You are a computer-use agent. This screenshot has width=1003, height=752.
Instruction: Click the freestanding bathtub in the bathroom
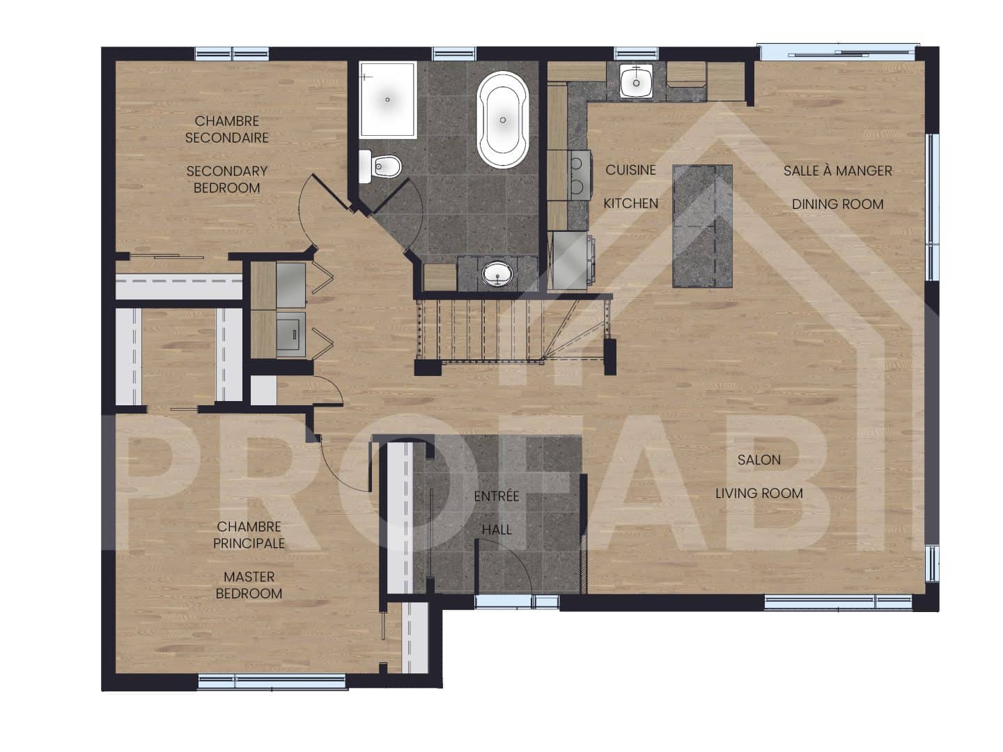(x=503, y=120)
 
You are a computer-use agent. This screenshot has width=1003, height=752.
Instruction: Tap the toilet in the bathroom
(x=380, y=166)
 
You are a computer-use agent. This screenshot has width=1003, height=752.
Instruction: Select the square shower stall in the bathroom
(x=388, y=100)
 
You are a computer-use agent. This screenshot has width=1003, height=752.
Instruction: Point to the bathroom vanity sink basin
(x=497, y=274)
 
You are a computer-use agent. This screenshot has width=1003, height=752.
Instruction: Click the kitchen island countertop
(x=702, y=226)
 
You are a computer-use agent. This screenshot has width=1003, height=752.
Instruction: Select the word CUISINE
(x=630, y=170)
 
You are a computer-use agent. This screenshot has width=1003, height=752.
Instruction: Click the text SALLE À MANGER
(x=837, y=171)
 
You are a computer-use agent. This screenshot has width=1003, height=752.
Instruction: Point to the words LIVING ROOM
(x=759, y=493)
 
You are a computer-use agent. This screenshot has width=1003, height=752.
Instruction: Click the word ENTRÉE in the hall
(x=497, y=496)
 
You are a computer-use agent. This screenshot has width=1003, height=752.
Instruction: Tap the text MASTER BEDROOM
(x=249, y=585)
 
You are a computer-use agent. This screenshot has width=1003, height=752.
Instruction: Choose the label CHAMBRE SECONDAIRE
(x=227, y=130)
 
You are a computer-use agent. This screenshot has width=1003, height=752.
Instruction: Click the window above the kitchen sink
(x=636, y=53)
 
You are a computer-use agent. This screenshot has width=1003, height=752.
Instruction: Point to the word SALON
(x=759, y=460)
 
